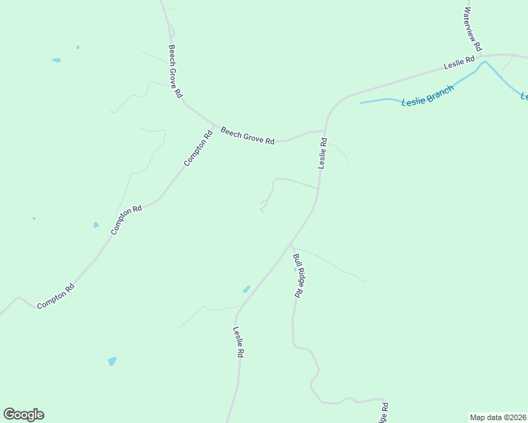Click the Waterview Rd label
tap(472, 29)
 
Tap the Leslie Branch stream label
tap(427, 97)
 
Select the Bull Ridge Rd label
tap(298, 276)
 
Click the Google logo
tap(23, 415)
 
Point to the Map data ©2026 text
tap(498, 417)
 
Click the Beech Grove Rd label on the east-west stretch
tap(247, 135)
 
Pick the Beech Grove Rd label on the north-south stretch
tap(176, 71)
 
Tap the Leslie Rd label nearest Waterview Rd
tap(460, 63)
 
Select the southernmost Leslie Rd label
tap(239, 342)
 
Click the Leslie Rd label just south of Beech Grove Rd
tap(323, 152)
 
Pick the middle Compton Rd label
tap(127, 219)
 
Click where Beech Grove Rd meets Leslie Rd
tap(324, 131)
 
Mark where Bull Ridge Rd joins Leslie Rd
tap(290, 245)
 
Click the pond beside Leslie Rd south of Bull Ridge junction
tap(246, 289)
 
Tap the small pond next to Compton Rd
tap(96, 225)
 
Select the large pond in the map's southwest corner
tap(112, 361)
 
